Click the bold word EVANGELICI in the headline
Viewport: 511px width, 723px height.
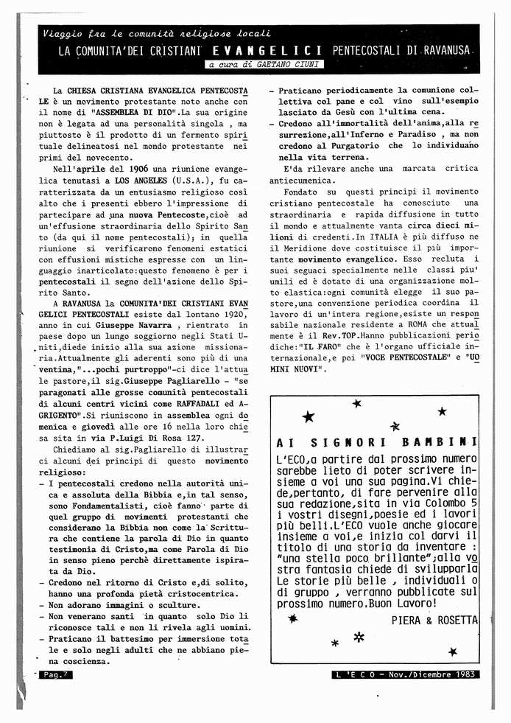pos(267,51)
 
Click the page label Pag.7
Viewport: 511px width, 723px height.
pos(54,674)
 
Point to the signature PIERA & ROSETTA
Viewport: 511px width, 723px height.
pos(434,620)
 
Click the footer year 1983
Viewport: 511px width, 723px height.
pos(464,674)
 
